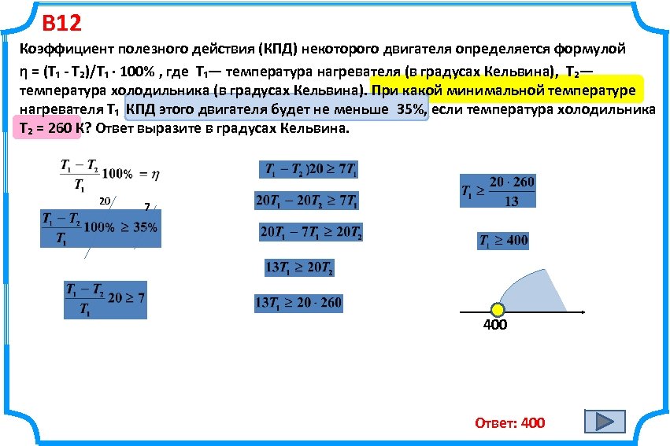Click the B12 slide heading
click(x=61, y=23)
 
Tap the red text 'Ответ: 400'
click(x=509, y=423)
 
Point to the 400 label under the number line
click(x=495, y=326)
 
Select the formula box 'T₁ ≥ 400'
click(x=502, y=241)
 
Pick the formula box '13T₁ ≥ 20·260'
click(x=298, y=303)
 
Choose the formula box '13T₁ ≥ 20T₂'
click(x=298, y=268)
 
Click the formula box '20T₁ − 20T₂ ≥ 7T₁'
click(x=307, y=201)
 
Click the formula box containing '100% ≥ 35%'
click(x=101, y=228)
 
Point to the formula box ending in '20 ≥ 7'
click(x=105, y=300)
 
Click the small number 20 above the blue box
click(x=104, y=201)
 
